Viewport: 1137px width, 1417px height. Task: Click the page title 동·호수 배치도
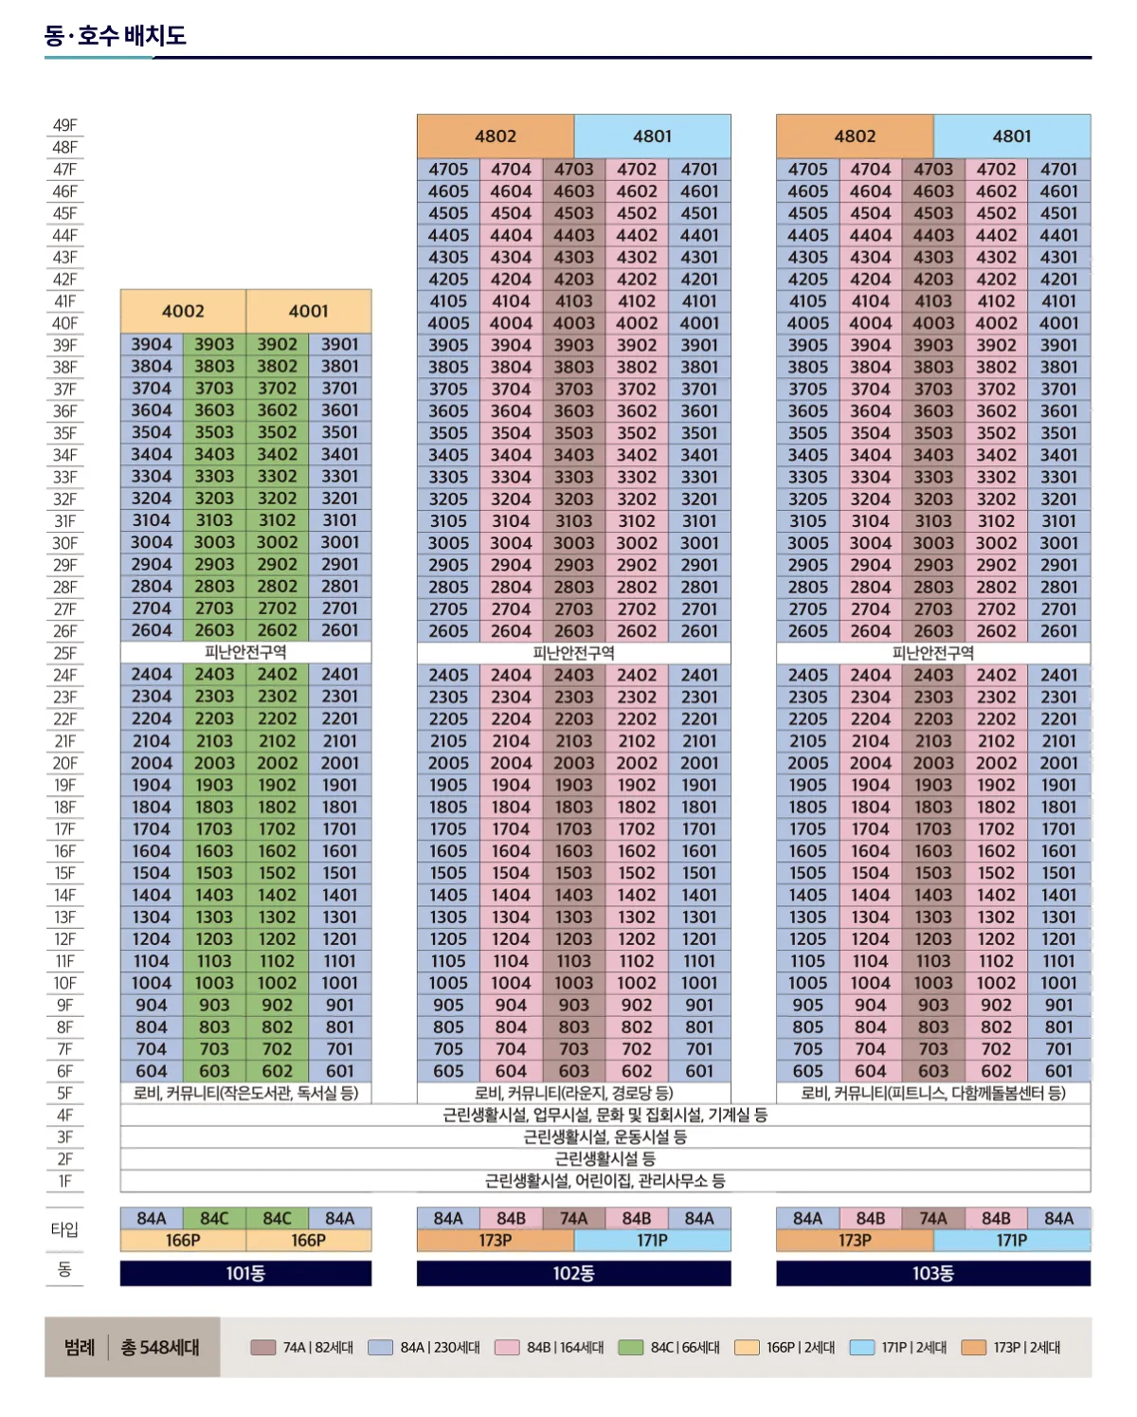[x=116, y=36]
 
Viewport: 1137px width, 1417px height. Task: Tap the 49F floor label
[x=64, y=125]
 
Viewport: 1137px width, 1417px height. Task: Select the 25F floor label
[x=64, y=653]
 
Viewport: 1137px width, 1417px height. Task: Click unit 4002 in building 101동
[x=183, y=311]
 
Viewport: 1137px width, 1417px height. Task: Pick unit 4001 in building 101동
[x=309, y=311]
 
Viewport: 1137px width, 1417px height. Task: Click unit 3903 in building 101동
[x=214, y=344]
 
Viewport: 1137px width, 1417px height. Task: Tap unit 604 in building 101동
[x=152, y=1071]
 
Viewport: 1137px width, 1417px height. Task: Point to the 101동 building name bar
[x=245, y=1273]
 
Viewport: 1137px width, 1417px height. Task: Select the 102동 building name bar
[x=573, y=1273]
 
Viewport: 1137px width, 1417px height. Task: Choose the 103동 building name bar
[x=933, y=1273]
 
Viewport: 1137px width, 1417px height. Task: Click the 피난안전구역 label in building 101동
[x=245, y=652]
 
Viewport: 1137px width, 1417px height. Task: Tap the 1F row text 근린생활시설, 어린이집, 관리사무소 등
[x=605, y=1181]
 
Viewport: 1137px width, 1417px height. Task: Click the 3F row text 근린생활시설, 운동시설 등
[x=605, y=1136]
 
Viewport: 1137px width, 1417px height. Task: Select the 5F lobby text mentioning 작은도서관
[x=245, y=1093]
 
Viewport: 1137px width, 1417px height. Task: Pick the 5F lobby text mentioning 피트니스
[x=933, y=1093]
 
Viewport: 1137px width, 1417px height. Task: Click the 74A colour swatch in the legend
[x=262, y=1347]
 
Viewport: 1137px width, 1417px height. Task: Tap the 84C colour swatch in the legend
[x=630, y=1347]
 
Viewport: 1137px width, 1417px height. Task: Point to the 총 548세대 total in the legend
[x=160, y=1347]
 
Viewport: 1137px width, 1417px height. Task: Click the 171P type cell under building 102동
[x=652, y=1240]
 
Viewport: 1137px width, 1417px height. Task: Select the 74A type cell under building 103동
[x=933, y=1218]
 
